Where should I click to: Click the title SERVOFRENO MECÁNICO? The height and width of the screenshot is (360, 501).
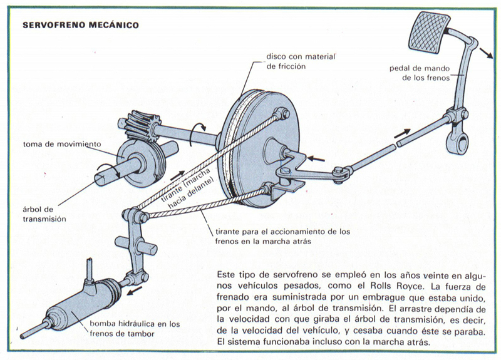(x=81, y=26)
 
